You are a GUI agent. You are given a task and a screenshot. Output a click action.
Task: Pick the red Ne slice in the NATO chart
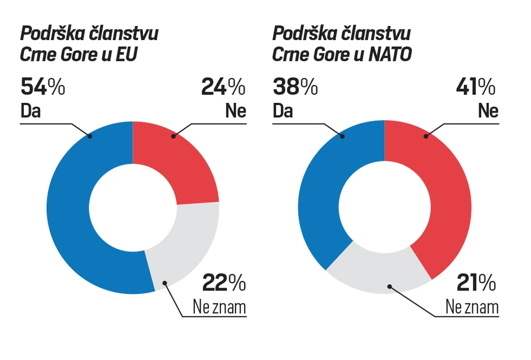pyautogui.click(x=446, y=198)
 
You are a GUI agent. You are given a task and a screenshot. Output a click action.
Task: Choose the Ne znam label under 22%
pyautogui.click(x=220, y=307)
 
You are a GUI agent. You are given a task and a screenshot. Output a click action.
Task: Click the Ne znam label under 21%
pyautogui.click(x=472, y=307)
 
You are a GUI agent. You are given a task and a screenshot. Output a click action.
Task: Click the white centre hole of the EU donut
pyautogui.click(x=132, y=207)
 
